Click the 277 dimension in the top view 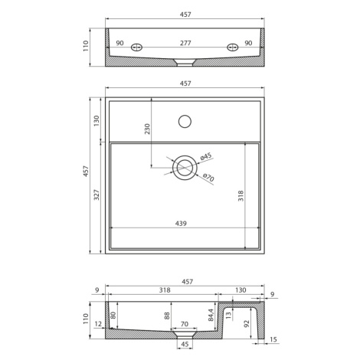[185, 43]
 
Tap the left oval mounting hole [136, 47]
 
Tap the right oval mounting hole [233, 47]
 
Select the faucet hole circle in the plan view [185, 121]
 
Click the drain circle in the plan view [185, 168]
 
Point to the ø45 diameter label [206, 156]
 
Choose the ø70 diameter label [208, 177]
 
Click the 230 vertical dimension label [147, 129]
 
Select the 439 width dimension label [181, 224]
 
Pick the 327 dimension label [97, 195]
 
